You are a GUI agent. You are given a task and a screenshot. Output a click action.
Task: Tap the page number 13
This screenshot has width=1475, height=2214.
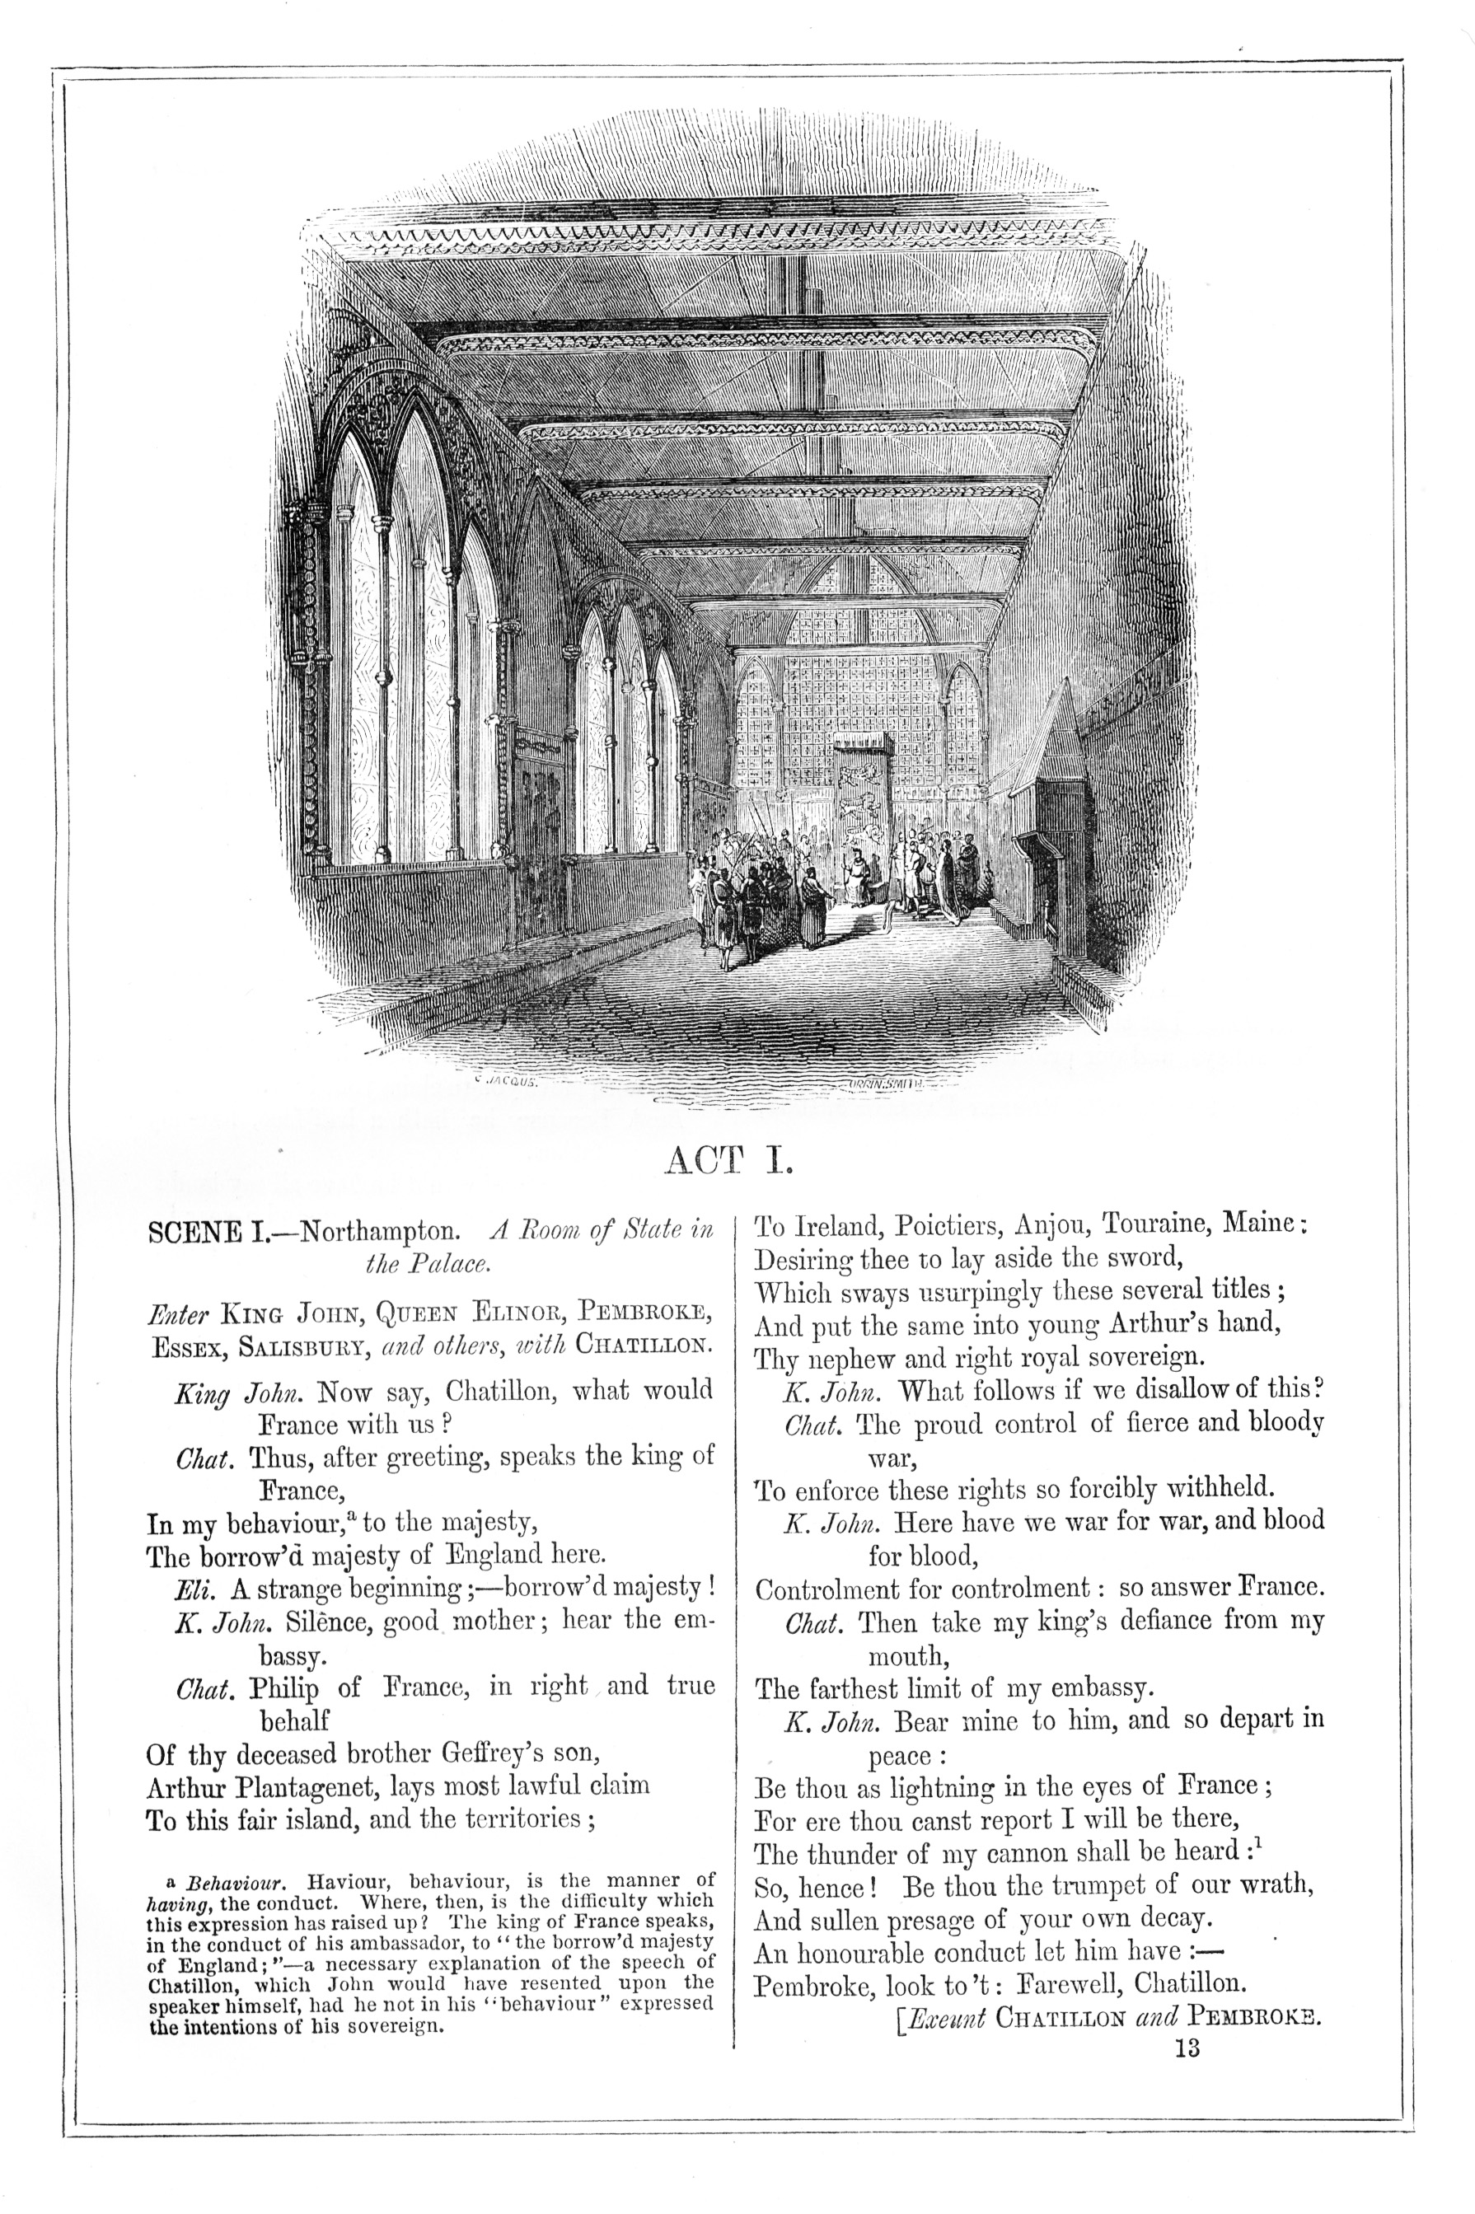(1187, 2048)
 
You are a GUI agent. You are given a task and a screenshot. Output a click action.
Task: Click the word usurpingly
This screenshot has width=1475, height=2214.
(955, 1292)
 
